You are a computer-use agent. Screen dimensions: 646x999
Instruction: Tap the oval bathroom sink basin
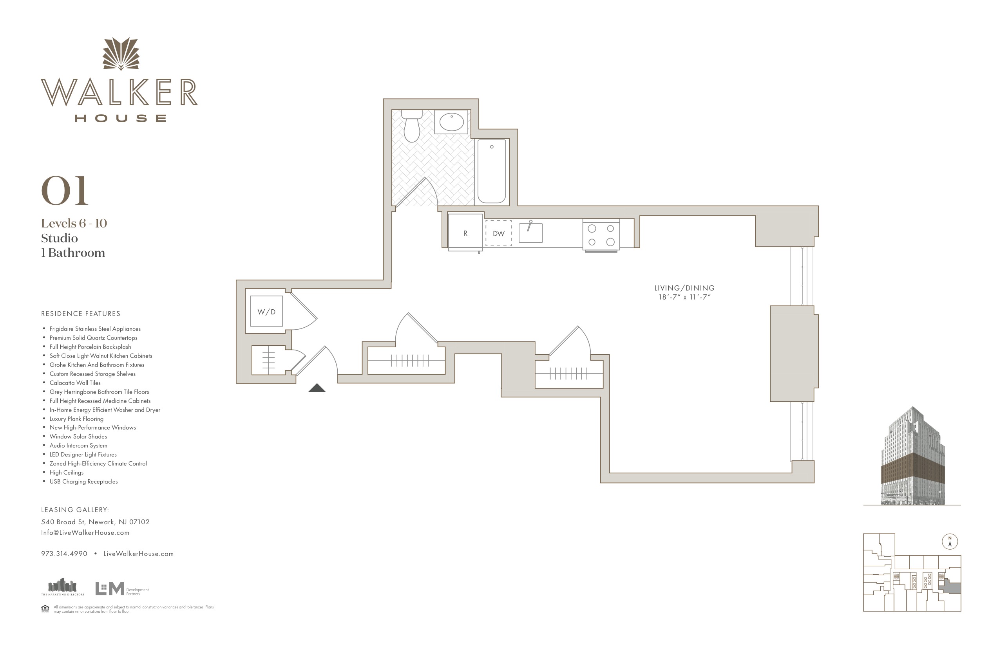tap(451, 122)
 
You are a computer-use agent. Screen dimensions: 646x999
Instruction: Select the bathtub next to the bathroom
tap(492, 171)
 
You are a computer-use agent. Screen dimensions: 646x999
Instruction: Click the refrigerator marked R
tap(465, 233)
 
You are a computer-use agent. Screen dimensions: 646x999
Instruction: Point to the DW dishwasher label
tap(498, 233)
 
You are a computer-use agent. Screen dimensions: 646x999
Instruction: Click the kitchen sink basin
tap(530, 233)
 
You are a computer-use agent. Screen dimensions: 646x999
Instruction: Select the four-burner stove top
tap(601, 235)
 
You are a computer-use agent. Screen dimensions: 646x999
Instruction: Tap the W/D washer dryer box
tap(266, 311)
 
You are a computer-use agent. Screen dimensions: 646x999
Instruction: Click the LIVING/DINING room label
tap(684, 288)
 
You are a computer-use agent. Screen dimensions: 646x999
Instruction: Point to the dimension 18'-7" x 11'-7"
tap(684, 297)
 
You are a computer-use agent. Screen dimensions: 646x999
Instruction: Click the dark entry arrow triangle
tap(317, 388)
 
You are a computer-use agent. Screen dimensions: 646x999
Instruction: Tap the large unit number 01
tap(65, 191)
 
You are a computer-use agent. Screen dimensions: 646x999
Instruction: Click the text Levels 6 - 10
tap(74, 223)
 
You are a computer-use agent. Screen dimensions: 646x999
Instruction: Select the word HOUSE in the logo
tap(121, 118)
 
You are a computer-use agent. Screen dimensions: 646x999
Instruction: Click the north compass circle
tap(950, 541)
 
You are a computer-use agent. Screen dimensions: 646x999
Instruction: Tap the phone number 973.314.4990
tap(64, 553)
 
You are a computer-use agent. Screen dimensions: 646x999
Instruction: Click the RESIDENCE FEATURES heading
tap(81, 313)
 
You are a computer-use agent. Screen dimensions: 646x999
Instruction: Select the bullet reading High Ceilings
tap(66, 472)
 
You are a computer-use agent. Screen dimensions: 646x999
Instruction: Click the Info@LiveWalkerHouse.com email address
tap(85, 532)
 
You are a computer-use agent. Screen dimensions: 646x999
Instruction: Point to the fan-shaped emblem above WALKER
tap(121, 54)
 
